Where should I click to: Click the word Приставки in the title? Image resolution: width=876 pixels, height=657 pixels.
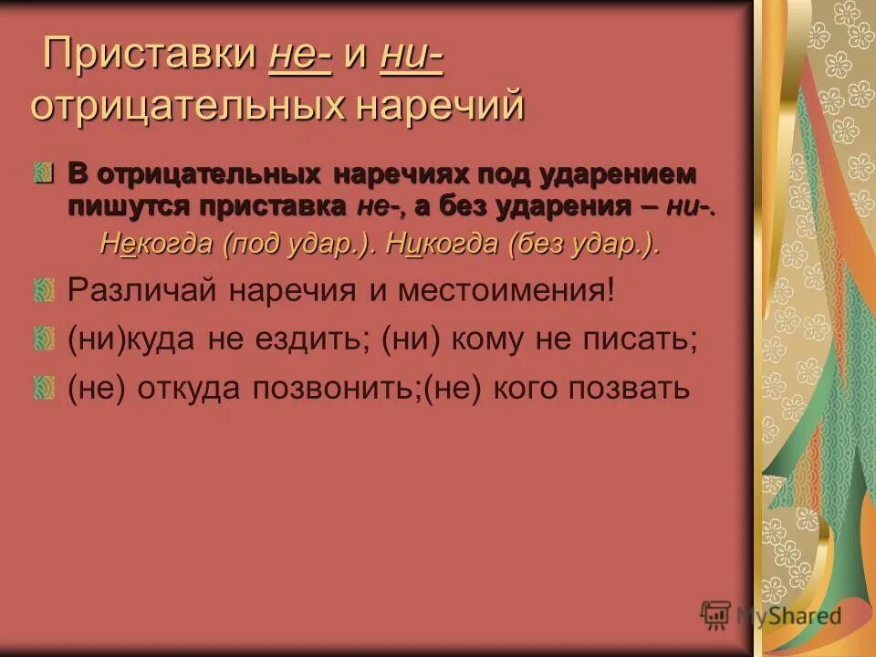(150, 54)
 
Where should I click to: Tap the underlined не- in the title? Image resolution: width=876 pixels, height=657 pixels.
(300, 54)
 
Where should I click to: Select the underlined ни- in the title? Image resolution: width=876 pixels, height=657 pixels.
(412, 54)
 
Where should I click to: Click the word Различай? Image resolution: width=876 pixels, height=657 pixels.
(142, 291)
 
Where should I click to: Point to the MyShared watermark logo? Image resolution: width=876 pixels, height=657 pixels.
(772, 616)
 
